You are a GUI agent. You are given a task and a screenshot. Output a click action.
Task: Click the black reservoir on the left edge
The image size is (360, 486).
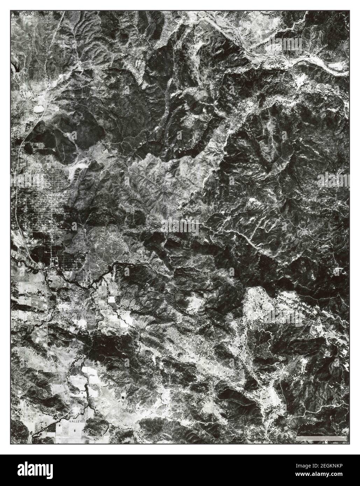click(15, 66)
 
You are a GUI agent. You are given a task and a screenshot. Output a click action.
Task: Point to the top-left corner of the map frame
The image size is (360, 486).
click(11, 10)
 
